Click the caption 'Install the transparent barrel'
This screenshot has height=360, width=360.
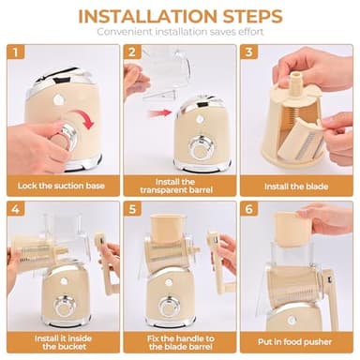(180, 185)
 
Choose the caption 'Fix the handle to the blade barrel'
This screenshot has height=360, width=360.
(180, 339)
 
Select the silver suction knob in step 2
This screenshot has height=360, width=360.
(201, 150)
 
